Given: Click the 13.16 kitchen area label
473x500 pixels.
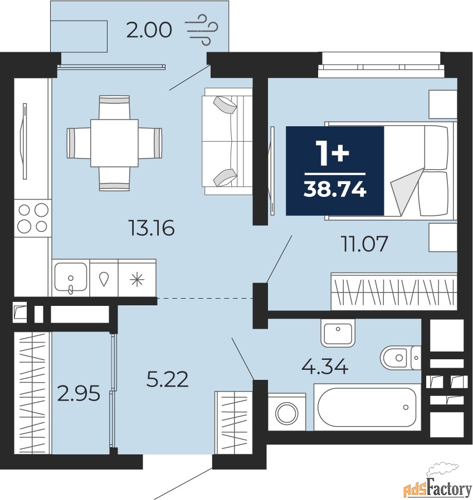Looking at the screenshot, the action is tap(152, 228).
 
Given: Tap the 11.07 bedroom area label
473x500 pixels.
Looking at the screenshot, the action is tap(364, 244).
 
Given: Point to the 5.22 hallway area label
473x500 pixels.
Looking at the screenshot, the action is tap(167, 379).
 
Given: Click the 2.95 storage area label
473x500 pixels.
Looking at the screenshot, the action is tap(79, 394).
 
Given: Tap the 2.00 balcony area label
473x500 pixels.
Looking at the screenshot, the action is tap(149, 30).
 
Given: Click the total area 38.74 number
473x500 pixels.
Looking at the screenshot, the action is tap(335, 190).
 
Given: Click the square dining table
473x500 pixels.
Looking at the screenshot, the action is tap(114, 143).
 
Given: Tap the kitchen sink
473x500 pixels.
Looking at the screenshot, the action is tap(71, 277).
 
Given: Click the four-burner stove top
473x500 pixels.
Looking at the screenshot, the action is tap(33, 218).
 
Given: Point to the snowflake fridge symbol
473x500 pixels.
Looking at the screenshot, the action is tap(137, 280).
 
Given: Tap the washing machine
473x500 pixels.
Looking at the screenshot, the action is tap(287, 412).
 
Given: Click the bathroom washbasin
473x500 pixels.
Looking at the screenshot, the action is tap(338, 333).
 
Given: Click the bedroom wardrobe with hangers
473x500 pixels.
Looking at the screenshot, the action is tap(394, 291).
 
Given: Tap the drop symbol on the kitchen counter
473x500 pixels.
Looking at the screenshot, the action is tap(104, 279).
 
